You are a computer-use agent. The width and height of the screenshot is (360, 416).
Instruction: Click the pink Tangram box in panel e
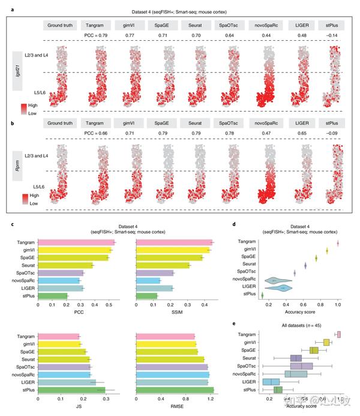tap(340, 334)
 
